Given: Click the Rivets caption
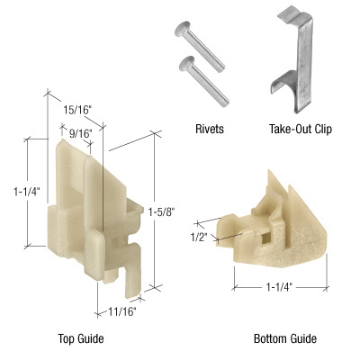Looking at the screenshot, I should pos(208,129).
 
